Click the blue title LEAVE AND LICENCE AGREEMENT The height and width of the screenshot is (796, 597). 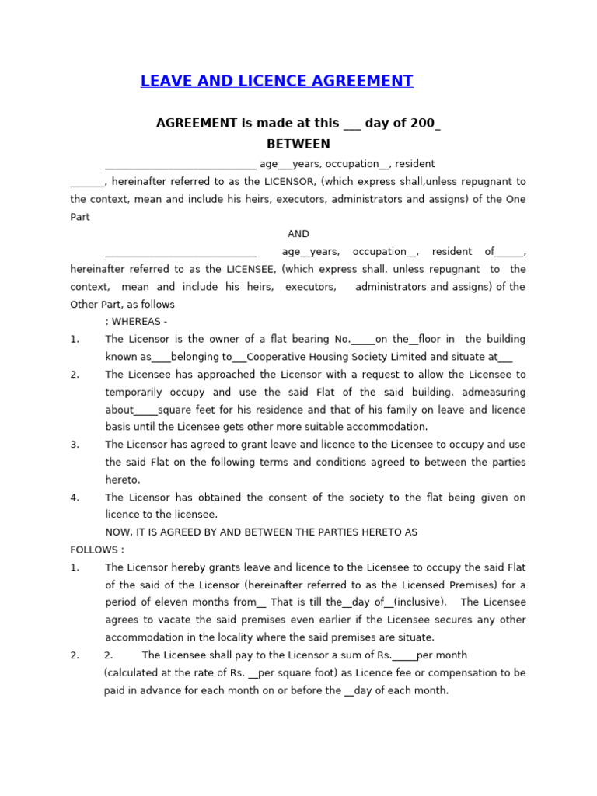(277, 81)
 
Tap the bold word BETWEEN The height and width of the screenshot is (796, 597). (298, 144)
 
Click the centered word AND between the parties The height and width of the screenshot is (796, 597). (298, 234)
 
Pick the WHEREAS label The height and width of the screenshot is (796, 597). (139, 322)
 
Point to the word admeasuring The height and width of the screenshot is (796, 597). (494, 392)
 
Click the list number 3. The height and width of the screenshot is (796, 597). (75, 445)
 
